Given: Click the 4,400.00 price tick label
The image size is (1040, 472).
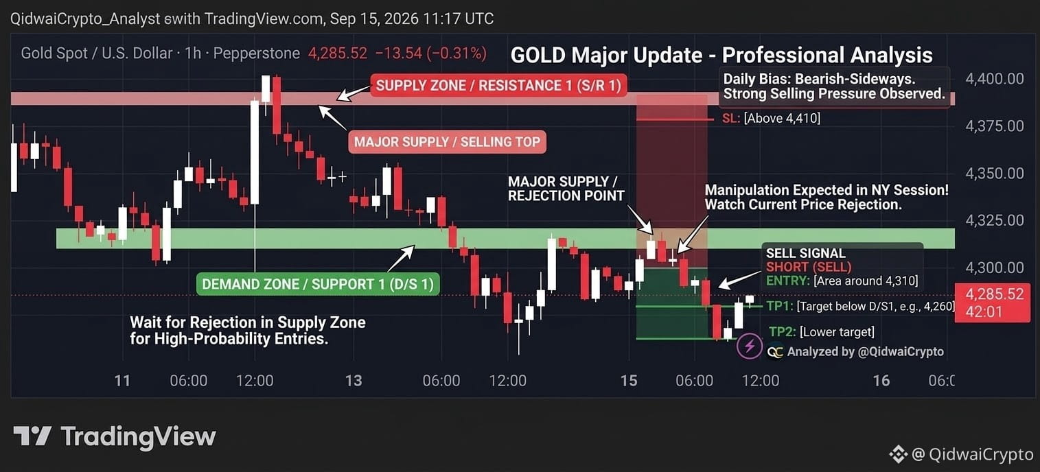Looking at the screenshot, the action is (x=995, y=79).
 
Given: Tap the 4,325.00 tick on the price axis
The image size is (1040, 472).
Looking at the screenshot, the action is (x=995, y=220).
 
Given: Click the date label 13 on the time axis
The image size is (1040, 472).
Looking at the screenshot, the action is (x=354, y=381).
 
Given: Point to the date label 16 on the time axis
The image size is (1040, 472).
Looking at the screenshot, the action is (x=881, y=381).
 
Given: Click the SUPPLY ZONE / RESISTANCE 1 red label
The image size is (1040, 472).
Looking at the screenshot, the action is (x=498, y=85).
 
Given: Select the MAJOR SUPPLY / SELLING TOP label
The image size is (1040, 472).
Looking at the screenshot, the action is (x=447, y=141).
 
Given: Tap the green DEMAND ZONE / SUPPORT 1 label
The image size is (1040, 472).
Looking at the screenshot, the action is (x=318, y=284).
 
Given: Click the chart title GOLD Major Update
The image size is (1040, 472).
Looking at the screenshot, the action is (x=721, y=56).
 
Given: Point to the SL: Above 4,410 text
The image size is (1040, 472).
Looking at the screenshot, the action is (x=771, y=119).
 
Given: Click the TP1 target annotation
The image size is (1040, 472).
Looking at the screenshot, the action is (x=859, y=306).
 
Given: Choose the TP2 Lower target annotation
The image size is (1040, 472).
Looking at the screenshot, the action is (x=822, y=332).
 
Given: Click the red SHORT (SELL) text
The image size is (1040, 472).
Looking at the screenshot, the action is (x=809, y=267).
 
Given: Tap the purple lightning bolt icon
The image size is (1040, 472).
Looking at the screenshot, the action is (x=750, y=346).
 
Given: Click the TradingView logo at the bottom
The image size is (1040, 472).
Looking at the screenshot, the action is (x=115, y=437).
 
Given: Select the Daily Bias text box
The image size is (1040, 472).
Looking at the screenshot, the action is (x=834, y=86).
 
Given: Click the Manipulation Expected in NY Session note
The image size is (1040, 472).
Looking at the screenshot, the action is (x=827, y=198).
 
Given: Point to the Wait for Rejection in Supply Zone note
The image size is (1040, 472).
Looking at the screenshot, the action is (x=247, y=331).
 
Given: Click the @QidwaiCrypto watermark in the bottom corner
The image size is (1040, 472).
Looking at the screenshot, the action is (x=961, y=454).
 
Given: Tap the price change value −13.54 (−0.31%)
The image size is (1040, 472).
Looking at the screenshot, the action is (x=431, y=54).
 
